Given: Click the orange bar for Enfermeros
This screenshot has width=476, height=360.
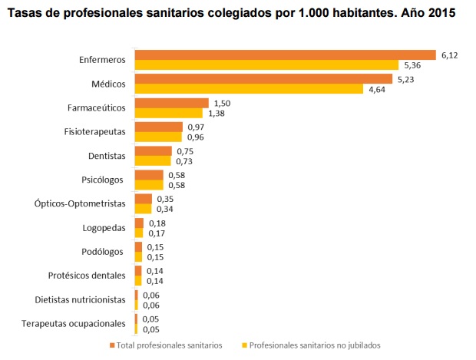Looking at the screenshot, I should pos(285,54).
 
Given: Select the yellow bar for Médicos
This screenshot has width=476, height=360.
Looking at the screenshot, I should pos(249,89).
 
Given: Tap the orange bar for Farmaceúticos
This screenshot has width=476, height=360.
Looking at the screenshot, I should pos(171,103).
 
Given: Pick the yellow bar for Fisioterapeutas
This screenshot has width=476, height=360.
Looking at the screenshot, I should pos(158,137).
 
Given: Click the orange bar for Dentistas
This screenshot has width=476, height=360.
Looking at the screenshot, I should pos(154,151).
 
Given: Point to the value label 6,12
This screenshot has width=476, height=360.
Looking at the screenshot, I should pos(448,54).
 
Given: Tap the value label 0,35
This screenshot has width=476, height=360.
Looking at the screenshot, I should pos(165,199).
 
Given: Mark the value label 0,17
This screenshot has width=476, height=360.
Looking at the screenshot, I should pos(157,233).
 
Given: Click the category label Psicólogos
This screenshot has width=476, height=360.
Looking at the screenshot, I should pos(102,180).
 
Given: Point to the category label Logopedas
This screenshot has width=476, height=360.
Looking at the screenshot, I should pos(103,228).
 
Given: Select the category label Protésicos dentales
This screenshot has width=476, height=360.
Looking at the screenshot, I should pos(86,276).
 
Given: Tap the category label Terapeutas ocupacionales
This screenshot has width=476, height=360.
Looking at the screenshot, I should pos(73,323).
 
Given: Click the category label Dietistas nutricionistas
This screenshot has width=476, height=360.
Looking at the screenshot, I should pos(80,299).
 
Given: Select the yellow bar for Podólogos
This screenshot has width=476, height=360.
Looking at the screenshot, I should pos(138,257).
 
